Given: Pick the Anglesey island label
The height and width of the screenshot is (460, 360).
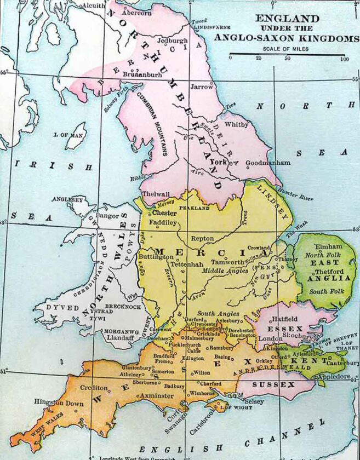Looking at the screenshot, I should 67,200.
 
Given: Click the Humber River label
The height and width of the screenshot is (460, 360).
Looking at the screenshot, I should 297,196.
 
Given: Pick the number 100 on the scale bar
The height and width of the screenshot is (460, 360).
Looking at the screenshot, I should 344,59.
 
